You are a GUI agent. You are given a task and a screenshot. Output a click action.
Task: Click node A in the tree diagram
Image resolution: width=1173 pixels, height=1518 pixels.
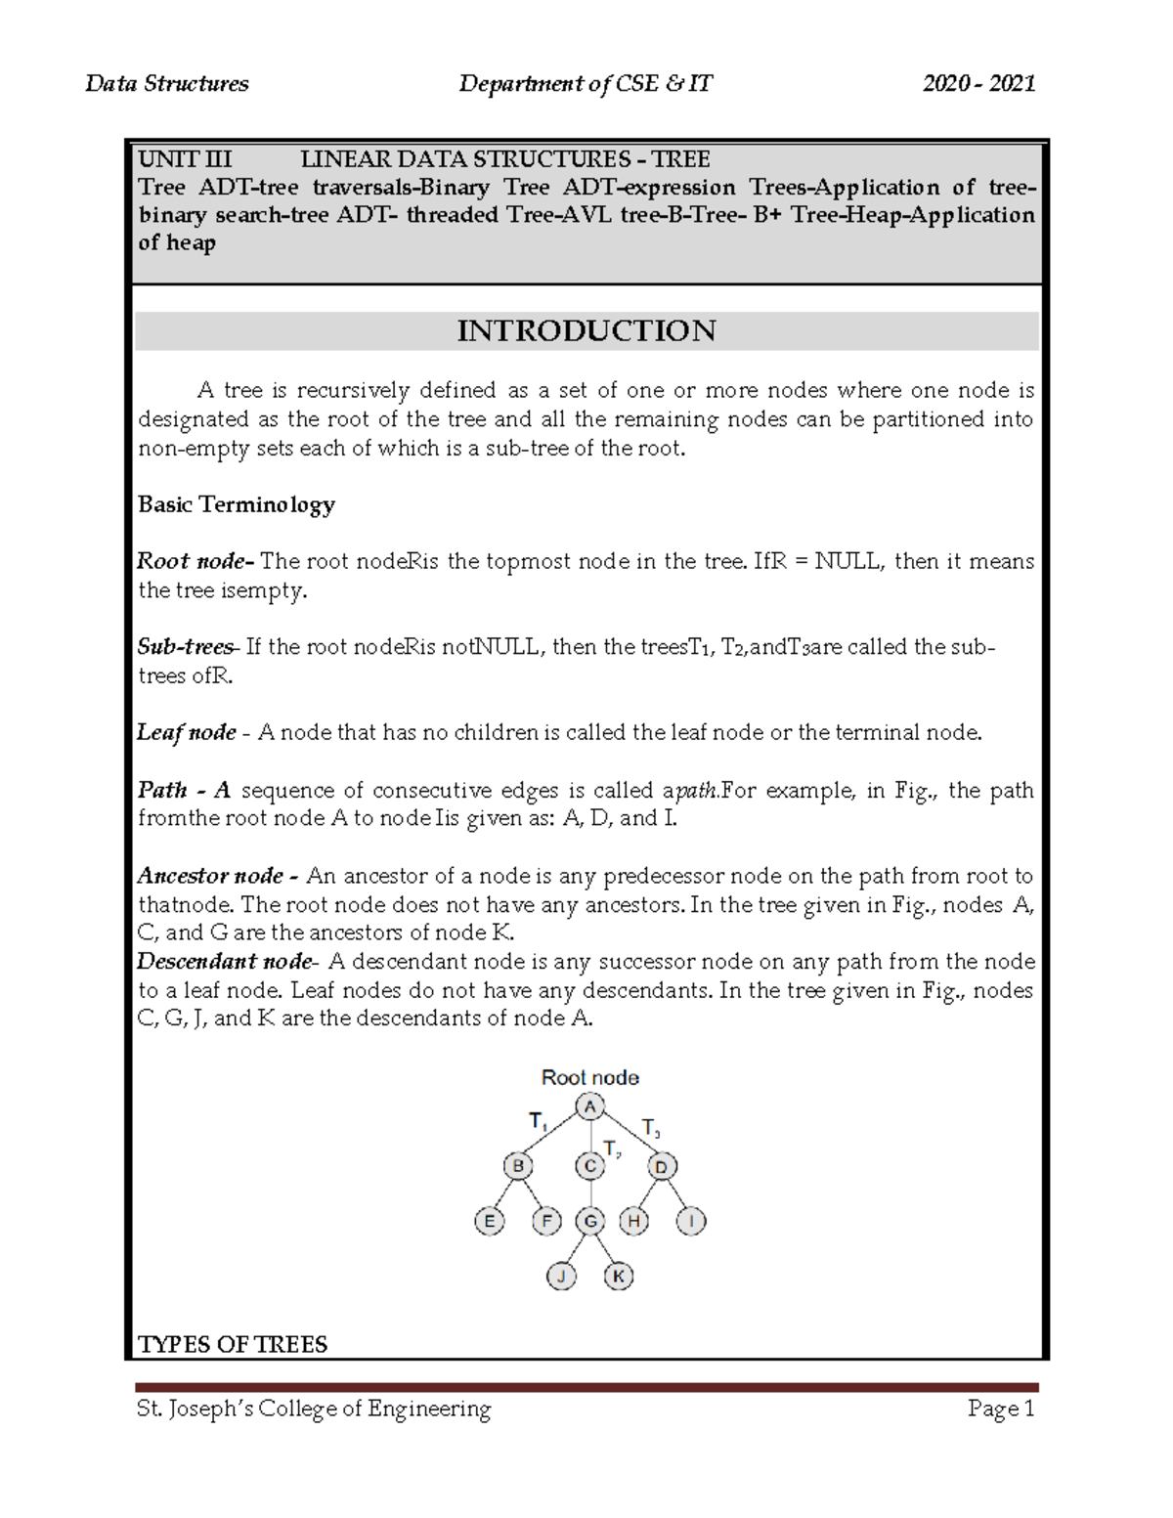[589, 1107]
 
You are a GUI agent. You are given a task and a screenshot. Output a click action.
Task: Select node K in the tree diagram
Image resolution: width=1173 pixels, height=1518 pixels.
[619, 1276]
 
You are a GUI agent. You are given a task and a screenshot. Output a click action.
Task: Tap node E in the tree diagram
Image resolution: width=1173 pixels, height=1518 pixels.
[489, 1221]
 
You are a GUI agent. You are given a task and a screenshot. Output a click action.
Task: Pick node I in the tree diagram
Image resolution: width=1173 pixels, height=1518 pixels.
[691, 1221]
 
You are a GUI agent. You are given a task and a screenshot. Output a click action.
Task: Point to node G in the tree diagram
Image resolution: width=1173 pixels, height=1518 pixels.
[590, 1221]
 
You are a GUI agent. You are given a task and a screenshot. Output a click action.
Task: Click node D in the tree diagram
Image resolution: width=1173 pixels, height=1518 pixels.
[662, 1166]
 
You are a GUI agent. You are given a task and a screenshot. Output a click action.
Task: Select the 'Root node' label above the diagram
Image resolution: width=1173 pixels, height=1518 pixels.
[589, 1077]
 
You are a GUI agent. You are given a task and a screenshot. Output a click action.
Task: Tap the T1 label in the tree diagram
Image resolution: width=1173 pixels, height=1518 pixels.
[538, 1121]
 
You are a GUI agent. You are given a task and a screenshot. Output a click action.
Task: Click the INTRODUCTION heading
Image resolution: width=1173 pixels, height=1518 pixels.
[586, 330]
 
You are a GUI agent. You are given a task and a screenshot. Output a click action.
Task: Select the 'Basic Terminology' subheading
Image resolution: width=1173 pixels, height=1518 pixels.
[236, 504]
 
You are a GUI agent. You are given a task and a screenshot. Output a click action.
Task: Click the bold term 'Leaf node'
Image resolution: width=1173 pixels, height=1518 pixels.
[186, 732]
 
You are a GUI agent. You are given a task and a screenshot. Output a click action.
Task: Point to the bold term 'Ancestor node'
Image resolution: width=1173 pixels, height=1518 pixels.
[210, 876]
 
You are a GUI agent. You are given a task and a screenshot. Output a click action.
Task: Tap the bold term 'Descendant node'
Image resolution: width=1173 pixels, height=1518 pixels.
[224, 962]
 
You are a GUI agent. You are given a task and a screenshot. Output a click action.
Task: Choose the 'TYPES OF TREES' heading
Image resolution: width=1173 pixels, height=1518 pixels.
[233, 1344]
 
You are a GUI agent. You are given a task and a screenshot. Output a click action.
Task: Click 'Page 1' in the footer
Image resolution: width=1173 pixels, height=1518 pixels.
[1000, 1409]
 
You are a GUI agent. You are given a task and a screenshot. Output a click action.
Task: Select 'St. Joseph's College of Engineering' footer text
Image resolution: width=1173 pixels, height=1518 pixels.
[314, 1409]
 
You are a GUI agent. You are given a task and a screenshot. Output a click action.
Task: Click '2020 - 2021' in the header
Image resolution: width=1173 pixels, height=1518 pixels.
[978, 84]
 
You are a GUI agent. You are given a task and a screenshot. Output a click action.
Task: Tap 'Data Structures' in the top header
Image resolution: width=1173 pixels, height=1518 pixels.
[167, 84]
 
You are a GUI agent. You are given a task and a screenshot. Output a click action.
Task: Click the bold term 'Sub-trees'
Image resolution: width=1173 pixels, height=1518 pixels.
[186, 647]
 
